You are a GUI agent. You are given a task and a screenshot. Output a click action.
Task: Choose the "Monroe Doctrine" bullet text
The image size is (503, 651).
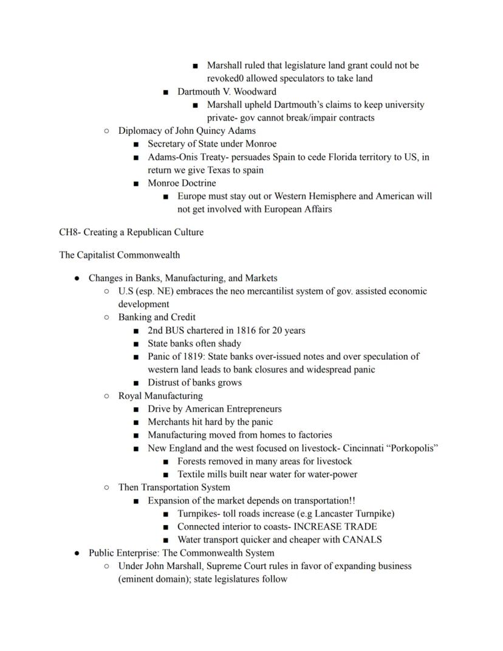pyautogui.click(x=182, y=183)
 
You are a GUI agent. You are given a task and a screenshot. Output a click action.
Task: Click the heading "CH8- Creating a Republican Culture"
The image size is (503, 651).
pyautogui.click(x=131, y=232)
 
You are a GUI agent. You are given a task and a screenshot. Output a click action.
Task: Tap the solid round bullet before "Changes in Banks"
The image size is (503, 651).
pyautogui.click(x=77, y=278)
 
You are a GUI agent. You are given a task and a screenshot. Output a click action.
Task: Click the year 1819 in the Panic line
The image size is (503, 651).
pyautogui.click(x=187, y=356)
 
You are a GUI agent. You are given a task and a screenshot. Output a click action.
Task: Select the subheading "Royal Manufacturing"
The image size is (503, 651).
pyautogui.click(x=160, y=396)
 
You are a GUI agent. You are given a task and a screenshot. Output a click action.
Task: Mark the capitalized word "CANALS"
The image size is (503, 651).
pyautogui.click(x=361, y=539)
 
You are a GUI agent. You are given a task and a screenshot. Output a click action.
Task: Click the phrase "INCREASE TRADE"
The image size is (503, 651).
pyautogui.click(x=335, y=526)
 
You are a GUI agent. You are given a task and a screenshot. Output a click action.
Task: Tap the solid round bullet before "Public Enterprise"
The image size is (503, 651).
pyautogui.click(x=77, y=553)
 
